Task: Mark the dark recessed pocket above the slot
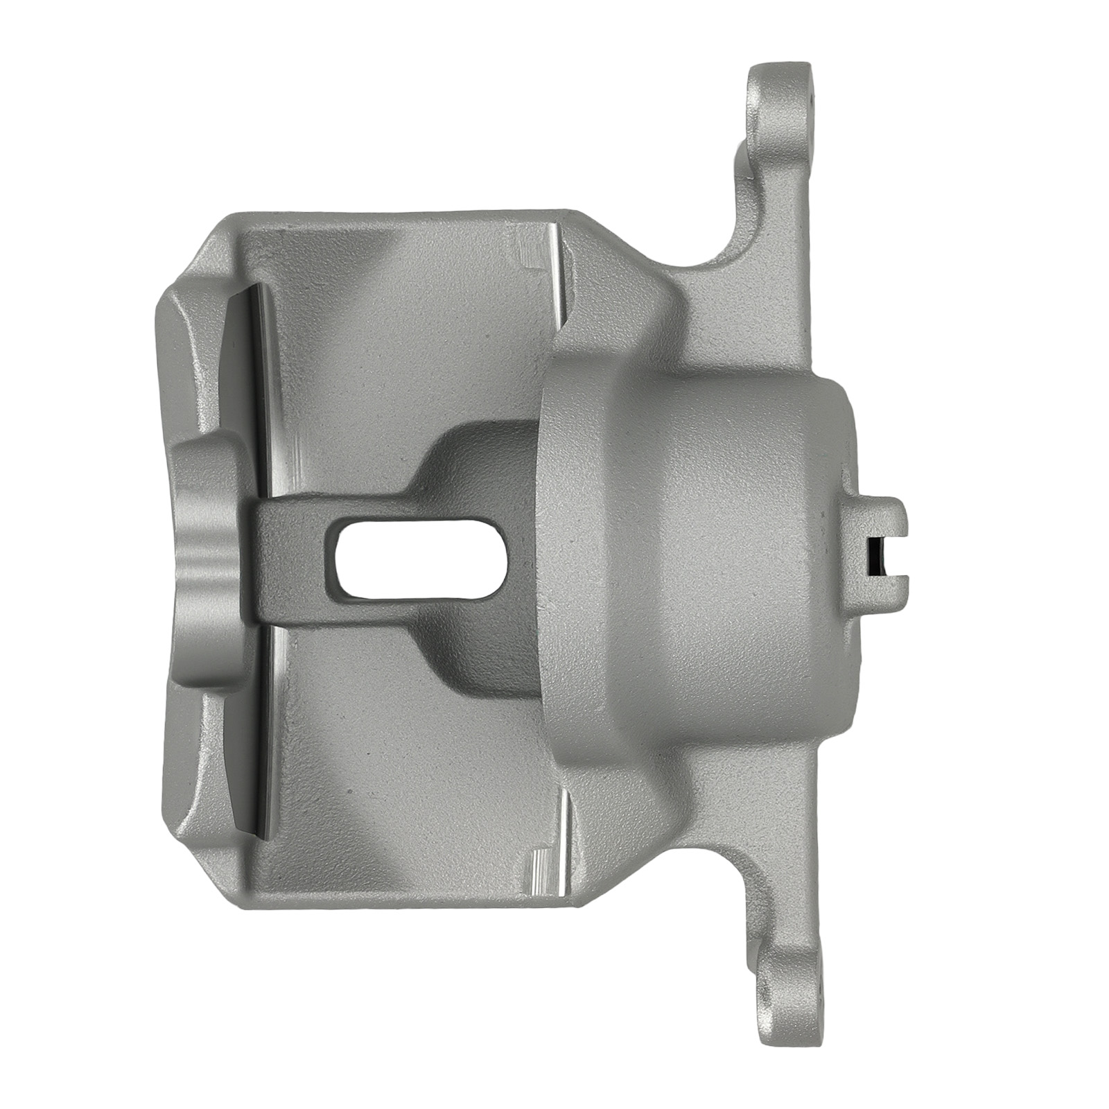[478, 457]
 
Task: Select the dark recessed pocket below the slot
[478, 658]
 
